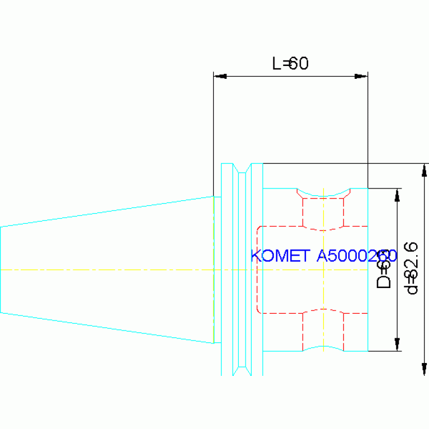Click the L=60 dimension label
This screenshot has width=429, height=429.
tap(290, 63)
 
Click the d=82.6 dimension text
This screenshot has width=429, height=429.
tap(412, 267)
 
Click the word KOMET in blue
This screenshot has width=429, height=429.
tap(280, 256)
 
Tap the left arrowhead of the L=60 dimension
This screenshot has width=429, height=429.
tap(220, 76)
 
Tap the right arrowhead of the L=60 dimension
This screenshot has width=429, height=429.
tap(361, 76)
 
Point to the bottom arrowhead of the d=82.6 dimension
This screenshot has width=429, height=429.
tap(425, 369)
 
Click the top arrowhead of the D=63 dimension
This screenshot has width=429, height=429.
tap(397, 195)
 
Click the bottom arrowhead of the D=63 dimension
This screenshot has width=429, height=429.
tap(397, 345)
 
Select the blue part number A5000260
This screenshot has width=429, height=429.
tap(356, 256)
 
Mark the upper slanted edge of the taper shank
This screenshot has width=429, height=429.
tap(106, 211)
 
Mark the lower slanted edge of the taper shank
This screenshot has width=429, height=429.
tap(106, 327)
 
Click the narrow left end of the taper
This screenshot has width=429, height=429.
tap(1, 269)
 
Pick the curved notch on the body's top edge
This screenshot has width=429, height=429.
tap(323, 195)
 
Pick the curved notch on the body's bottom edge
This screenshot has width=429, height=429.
tap(323, 347)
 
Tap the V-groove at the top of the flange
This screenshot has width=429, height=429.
tap(242, 168)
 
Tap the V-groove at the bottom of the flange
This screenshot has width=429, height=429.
tap(242, 370)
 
